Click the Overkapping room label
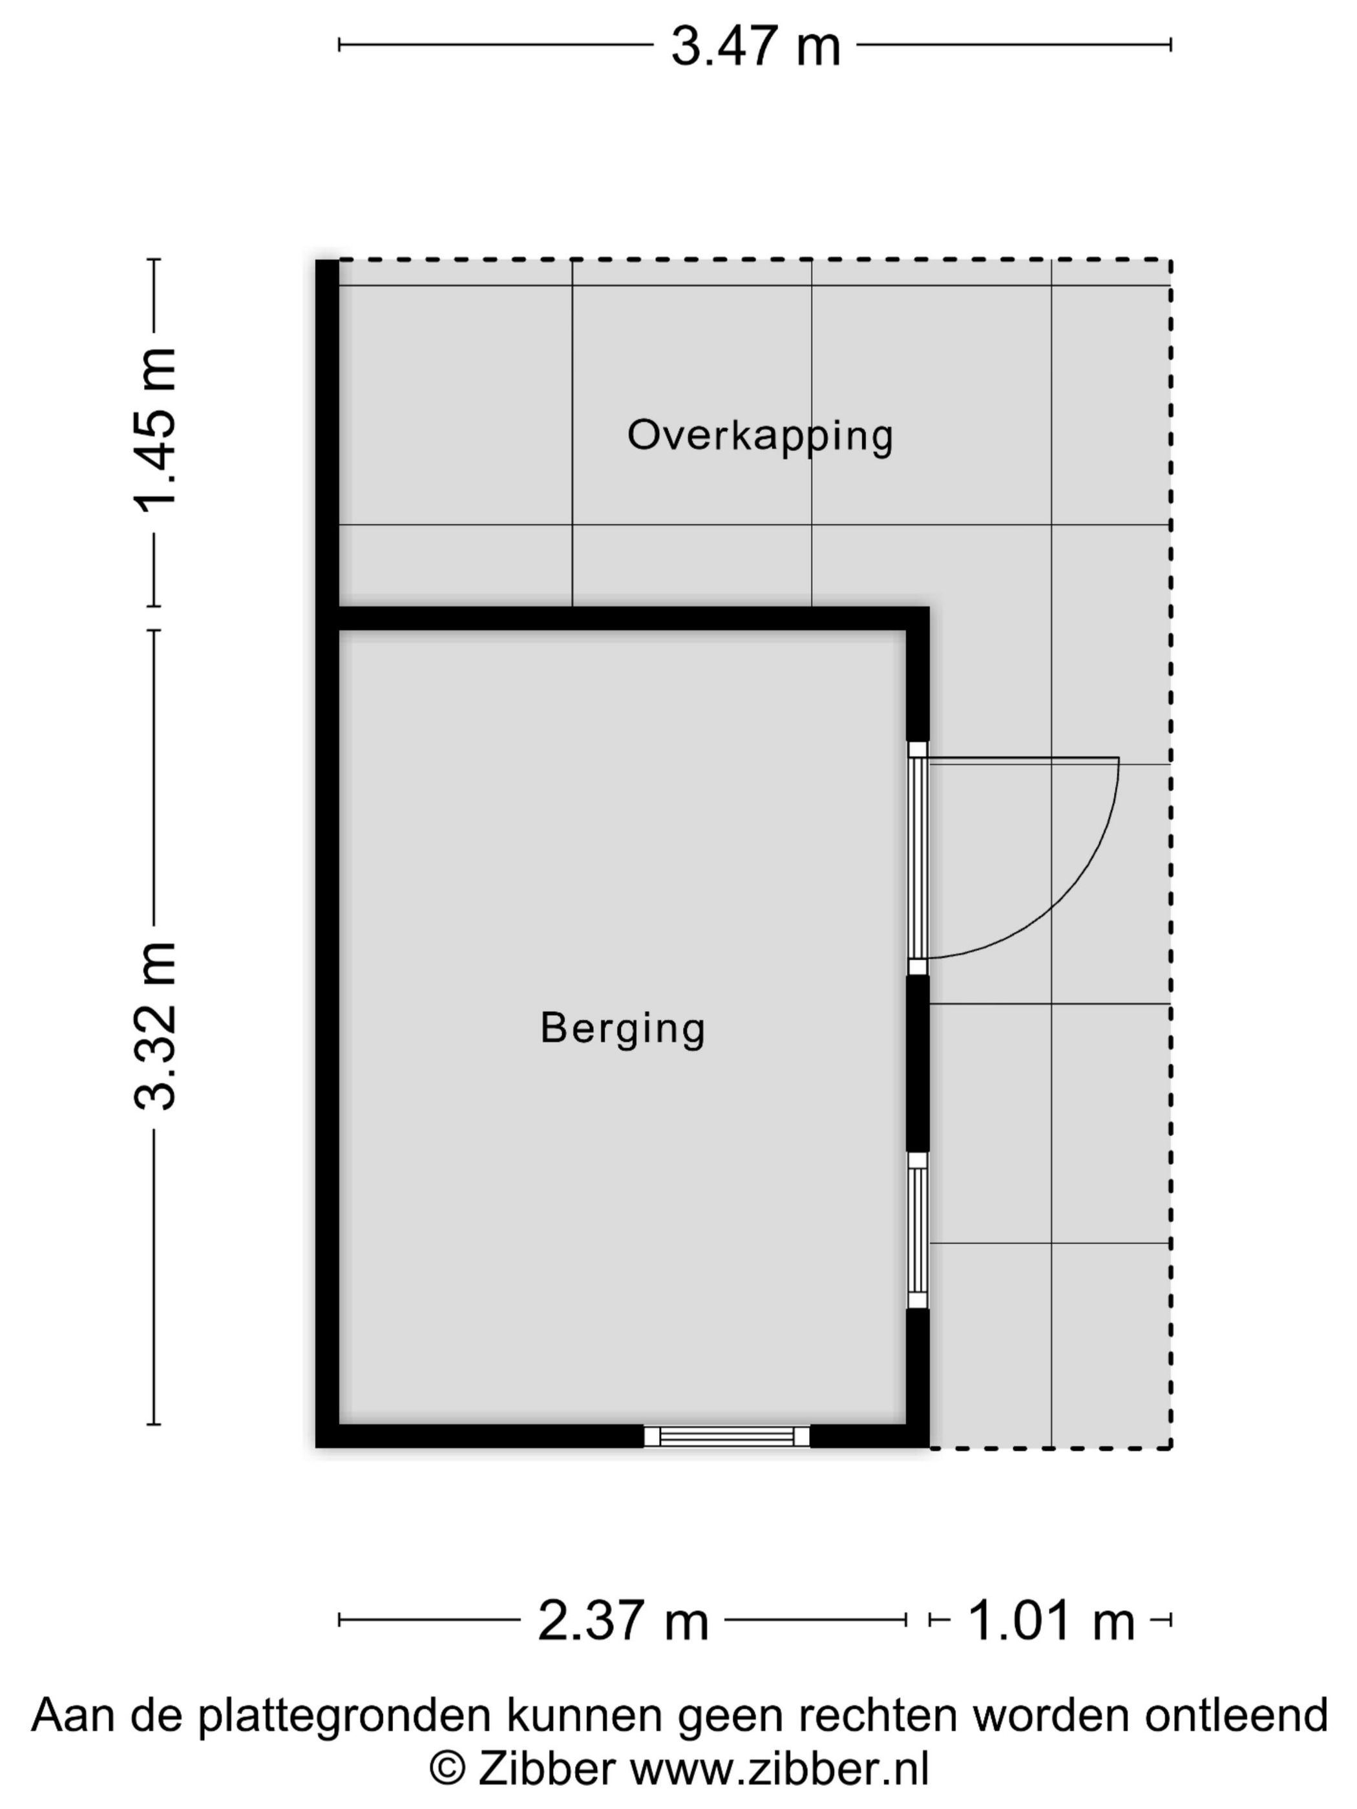pos(760,436)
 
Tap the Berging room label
pos(622,1028)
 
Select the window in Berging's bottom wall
pos(726,1436)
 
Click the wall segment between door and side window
pos(918,1064)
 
